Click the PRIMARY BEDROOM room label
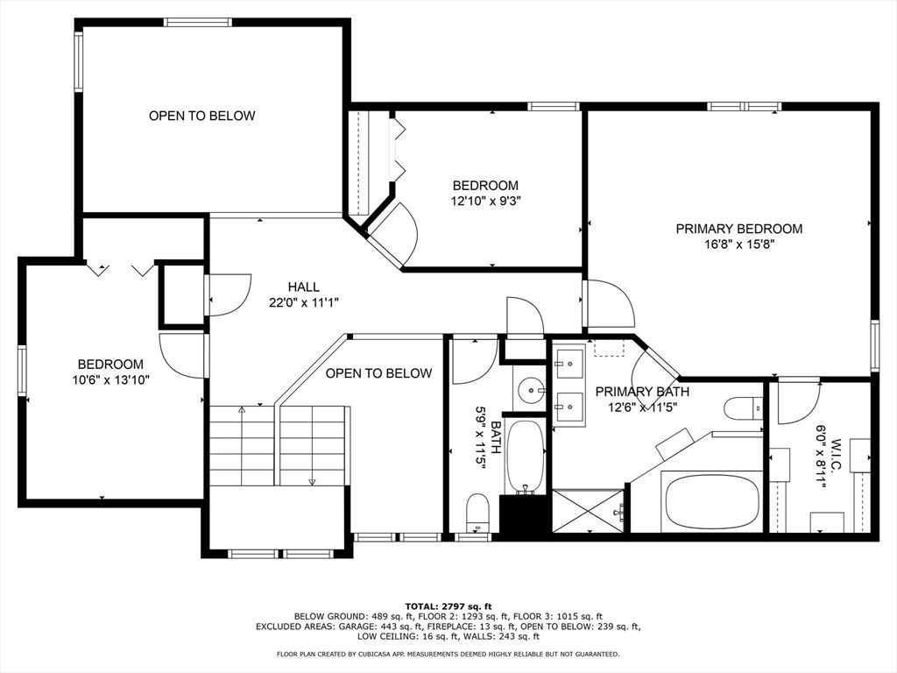738,229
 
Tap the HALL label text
304,287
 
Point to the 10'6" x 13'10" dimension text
110,380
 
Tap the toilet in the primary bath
744,408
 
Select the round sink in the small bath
531,388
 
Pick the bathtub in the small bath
526,456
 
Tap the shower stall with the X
590,511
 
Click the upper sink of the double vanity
571,361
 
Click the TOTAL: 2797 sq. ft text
448,606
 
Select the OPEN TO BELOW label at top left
201,116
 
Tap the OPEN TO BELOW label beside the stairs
378,373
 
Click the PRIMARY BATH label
642,392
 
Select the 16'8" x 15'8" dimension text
738,244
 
